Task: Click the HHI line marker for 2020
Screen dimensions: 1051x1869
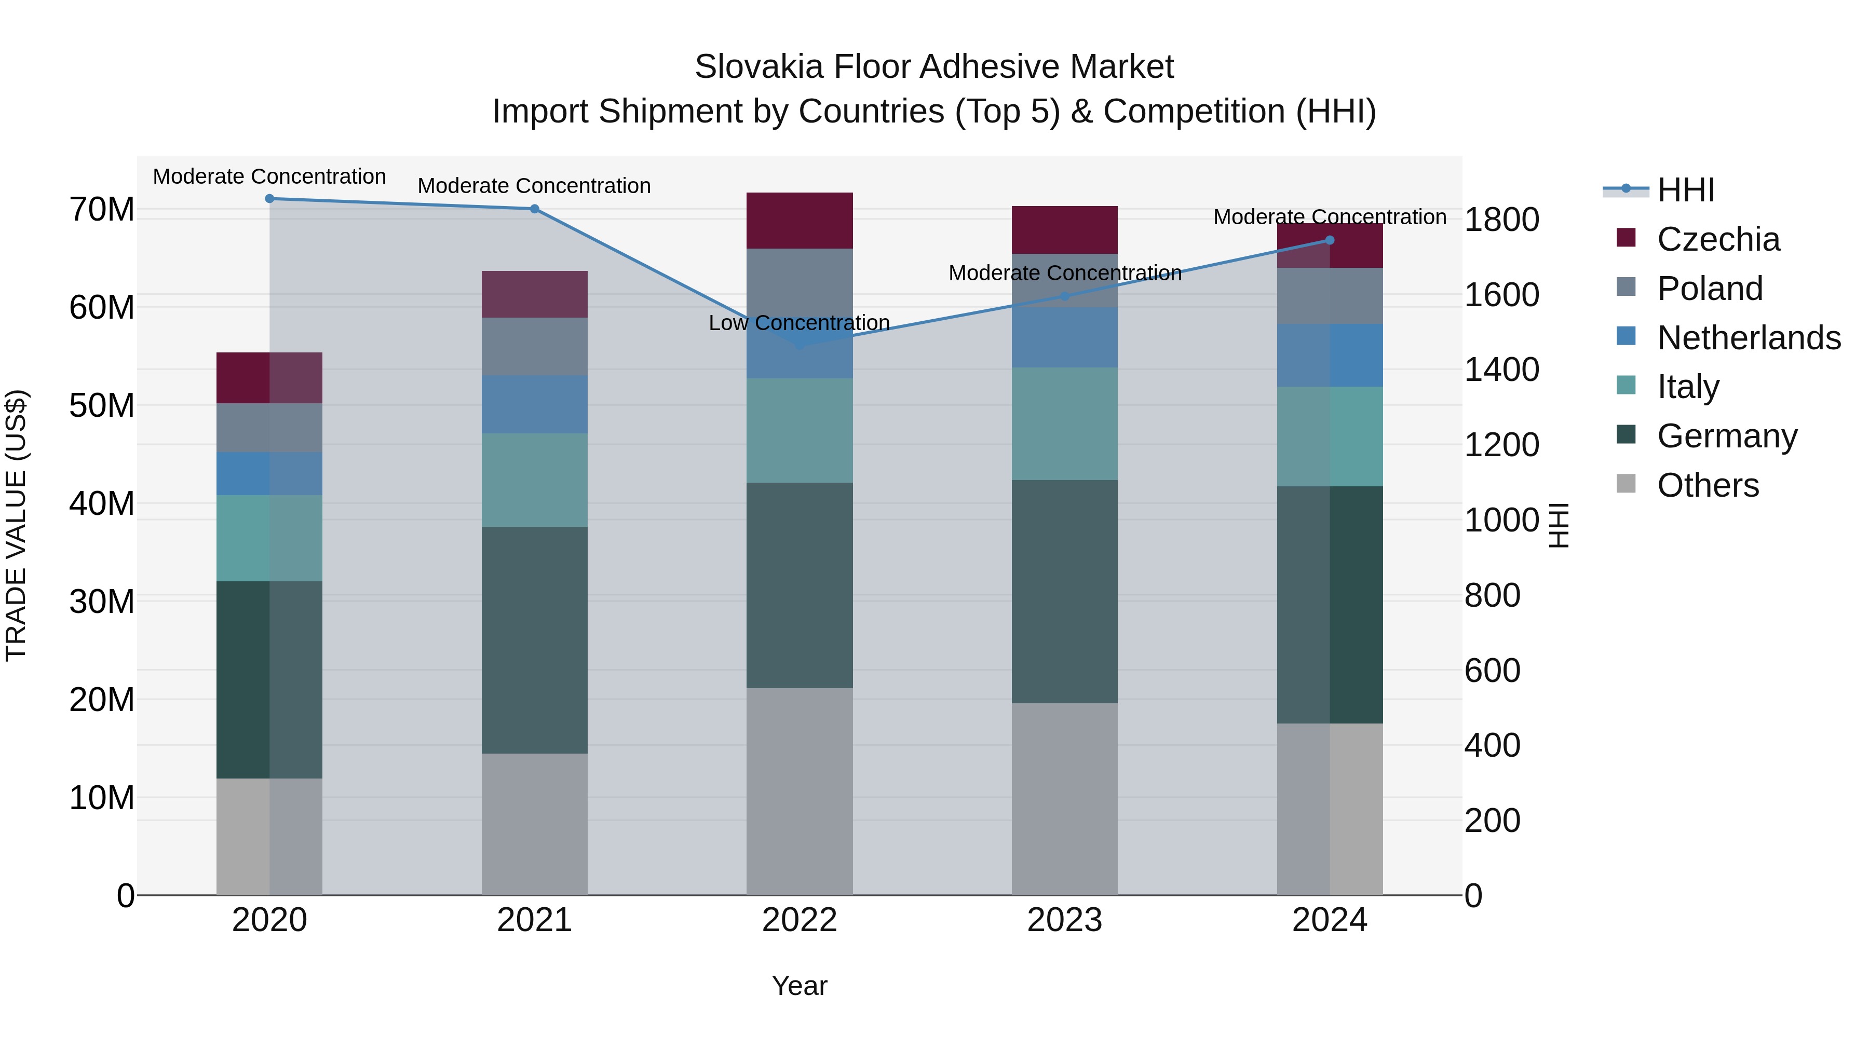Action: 269,199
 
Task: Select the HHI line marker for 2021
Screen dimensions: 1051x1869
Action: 534,209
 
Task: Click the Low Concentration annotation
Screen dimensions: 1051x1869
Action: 799,323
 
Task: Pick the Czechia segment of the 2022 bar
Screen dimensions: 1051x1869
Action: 799,221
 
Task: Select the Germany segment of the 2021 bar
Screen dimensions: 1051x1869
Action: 534,640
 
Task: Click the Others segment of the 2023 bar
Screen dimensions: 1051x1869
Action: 1064,798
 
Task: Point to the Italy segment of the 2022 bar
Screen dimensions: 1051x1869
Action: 799,430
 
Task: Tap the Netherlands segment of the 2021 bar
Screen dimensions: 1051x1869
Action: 534,404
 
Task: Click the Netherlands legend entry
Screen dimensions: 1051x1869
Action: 1748,338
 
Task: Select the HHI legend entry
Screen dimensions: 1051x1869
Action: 1685,190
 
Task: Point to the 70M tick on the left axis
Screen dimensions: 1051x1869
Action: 102,210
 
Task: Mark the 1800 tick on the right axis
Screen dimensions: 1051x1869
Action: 1501,220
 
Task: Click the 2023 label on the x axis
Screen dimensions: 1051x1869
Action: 1064,920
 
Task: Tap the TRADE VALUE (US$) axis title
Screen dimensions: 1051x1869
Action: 17,525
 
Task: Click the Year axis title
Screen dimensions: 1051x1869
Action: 799,986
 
